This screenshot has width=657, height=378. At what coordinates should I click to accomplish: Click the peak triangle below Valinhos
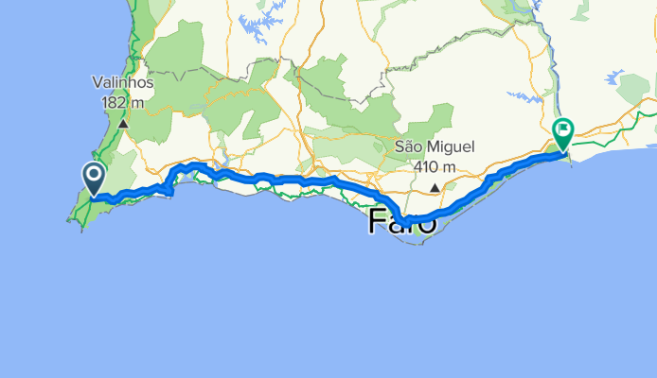123,123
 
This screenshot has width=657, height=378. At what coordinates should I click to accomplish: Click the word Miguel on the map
458,147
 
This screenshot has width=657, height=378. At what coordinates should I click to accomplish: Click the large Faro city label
402,223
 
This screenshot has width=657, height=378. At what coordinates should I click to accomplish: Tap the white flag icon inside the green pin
563,129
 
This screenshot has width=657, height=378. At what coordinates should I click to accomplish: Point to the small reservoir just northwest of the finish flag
524,96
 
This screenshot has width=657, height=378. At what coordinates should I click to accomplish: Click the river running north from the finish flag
547,57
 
